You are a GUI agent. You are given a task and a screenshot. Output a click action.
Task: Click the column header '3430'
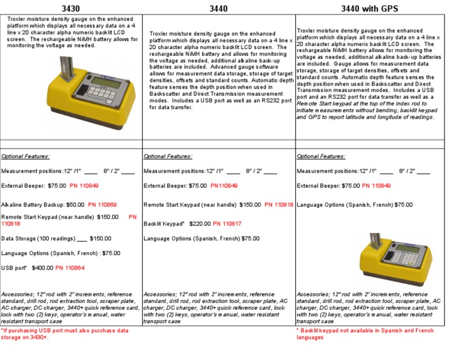click(x=71, y=8)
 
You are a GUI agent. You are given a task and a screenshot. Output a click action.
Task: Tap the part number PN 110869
click(x=102, y=205)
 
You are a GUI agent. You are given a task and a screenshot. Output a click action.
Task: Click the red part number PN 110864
click(x=70, y=267)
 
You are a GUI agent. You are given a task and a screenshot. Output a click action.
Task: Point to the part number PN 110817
click(x=227, y=224)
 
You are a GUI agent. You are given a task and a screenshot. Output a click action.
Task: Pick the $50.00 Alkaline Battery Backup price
click(x=75, y=205)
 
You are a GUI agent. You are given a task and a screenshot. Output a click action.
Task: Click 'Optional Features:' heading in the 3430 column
click(x=25, y=156)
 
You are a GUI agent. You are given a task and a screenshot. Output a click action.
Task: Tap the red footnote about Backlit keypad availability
click(x=366, y=334)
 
